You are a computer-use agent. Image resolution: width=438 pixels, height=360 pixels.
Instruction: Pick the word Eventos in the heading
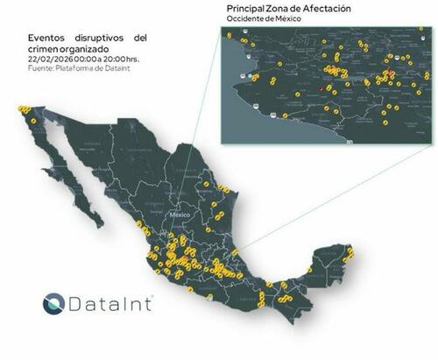tap(48, 39)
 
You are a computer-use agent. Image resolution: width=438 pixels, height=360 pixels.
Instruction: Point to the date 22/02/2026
tap(48, 59)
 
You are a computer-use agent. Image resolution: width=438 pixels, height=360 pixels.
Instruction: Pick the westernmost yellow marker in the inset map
tap(229, 37)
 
